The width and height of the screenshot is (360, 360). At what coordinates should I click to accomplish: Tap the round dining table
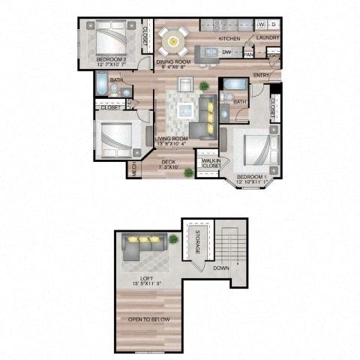click(172, 35)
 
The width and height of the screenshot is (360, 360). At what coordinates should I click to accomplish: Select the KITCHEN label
click(229, 37)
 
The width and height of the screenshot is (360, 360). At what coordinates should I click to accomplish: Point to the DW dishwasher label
click(226, 52)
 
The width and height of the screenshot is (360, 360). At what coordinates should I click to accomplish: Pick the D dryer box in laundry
click(272, 23)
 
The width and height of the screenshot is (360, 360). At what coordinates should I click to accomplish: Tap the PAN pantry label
click(248, 54)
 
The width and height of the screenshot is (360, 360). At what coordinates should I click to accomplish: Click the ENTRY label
click(262, 75)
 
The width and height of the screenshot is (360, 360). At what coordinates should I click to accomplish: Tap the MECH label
click(134, 168)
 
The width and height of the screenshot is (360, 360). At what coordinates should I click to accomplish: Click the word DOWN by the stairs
click(221, 268)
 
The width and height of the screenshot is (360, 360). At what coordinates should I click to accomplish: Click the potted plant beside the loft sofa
click(174, 239)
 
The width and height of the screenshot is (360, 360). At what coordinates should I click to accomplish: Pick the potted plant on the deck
click(187, 172)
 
